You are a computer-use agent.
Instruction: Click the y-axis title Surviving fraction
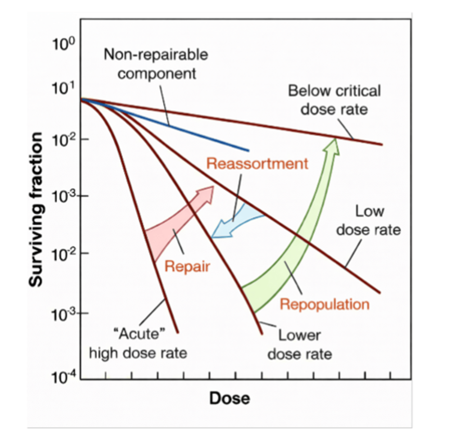(x=36, y=209)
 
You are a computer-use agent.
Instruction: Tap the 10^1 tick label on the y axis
(x=63, y=88)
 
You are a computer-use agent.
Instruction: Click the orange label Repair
(x=187, y=267)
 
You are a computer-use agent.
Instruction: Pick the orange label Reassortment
(x=257, y=164)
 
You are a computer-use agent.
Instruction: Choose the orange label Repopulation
(x=324, y=305)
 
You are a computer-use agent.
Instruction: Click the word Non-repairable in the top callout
(x=156, y=55)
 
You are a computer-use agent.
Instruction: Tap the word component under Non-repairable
(x=157, y=73)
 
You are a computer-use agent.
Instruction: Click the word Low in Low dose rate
(x=369, y=211)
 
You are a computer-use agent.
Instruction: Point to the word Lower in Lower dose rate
(x=299, y=336)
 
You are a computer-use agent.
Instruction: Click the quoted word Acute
(x=139, y=334)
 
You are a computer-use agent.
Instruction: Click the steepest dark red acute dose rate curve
(x=144, y=230)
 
